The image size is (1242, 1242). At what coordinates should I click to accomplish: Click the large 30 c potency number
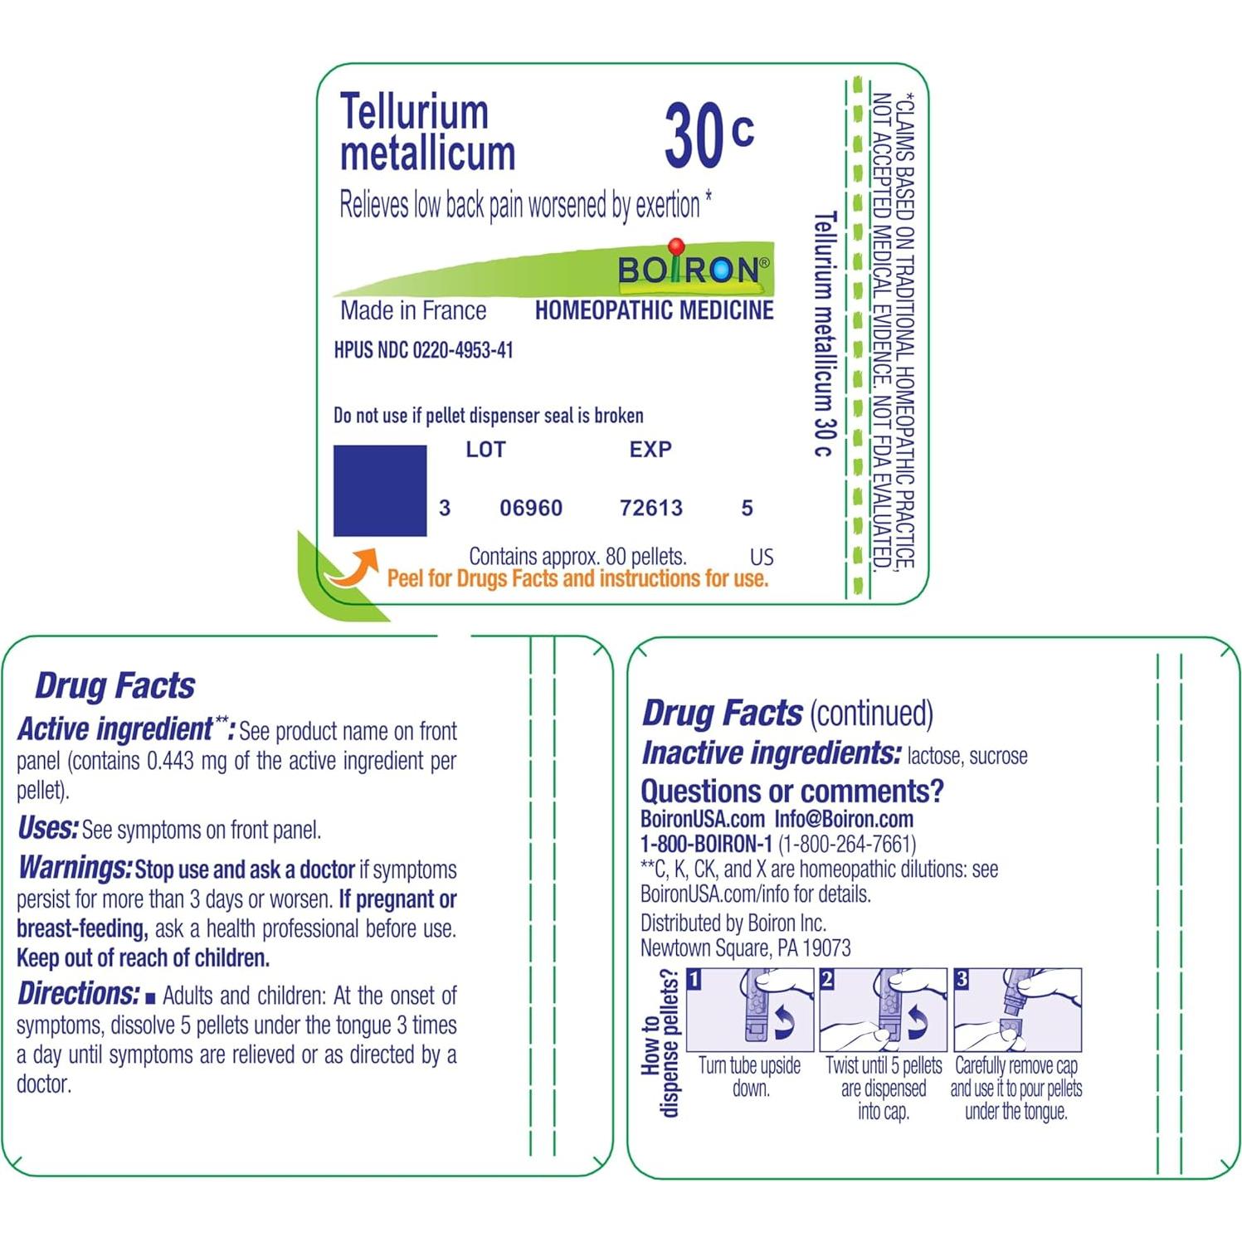coord(708,134)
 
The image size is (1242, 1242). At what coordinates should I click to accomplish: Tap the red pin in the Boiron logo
coord(676,247)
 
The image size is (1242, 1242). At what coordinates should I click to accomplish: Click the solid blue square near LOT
coord(380,490)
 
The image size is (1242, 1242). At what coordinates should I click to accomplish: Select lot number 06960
coord(531,508)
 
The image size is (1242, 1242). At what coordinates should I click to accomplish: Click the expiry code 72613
coord(651,508)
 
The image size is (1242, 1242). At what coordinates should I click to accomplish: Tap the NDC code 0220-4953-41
coord(463,350)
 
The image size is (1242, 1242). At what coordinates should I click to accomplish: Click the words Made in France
coord(413,311)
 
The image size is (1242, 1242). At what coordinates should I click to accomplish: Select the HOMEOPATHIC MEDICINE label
coord(654,311)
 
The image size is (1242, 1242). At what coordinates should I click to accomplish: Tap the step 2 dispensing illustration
coord(883,1010)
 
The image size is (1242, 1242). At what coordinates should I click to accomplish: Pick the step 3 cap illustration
coord(1017,1010)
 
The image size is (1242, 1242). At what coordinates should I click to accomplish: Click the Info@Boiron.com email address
coord(844,820)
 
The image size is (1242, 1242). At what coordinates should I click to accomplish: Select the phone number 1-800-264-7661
coord(847,845)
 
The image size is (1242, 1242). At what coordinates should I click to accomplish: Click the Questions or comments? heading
coord(792,791)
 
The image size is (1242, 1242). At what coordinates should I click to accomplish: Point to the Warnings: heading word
coord(75,869)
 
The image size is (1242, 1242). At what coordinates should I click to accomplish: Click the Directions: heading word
coord(79,994)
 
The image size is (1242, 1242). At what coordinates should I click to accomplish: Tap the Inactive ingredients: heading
coord(771,753)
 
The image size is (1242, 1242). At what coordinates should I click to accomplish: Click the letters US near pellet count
coord(761,558)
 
